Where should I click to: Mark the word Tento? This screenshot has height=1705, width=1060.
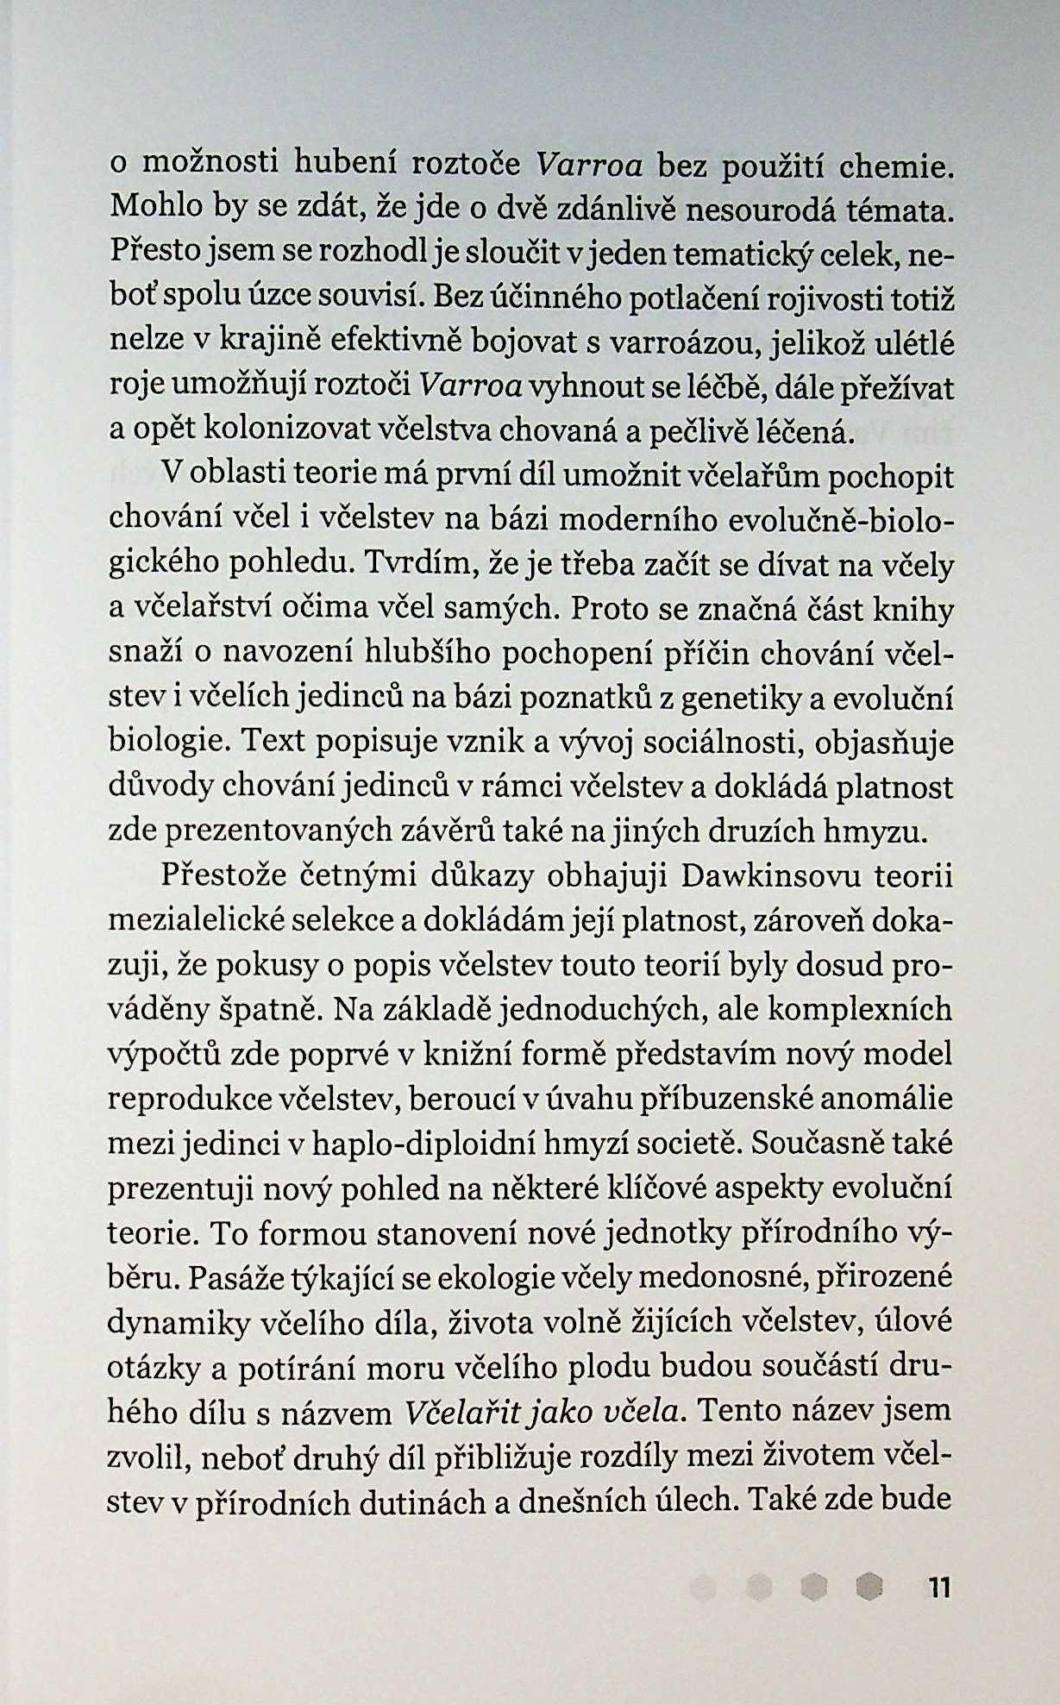(743, 1410)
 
